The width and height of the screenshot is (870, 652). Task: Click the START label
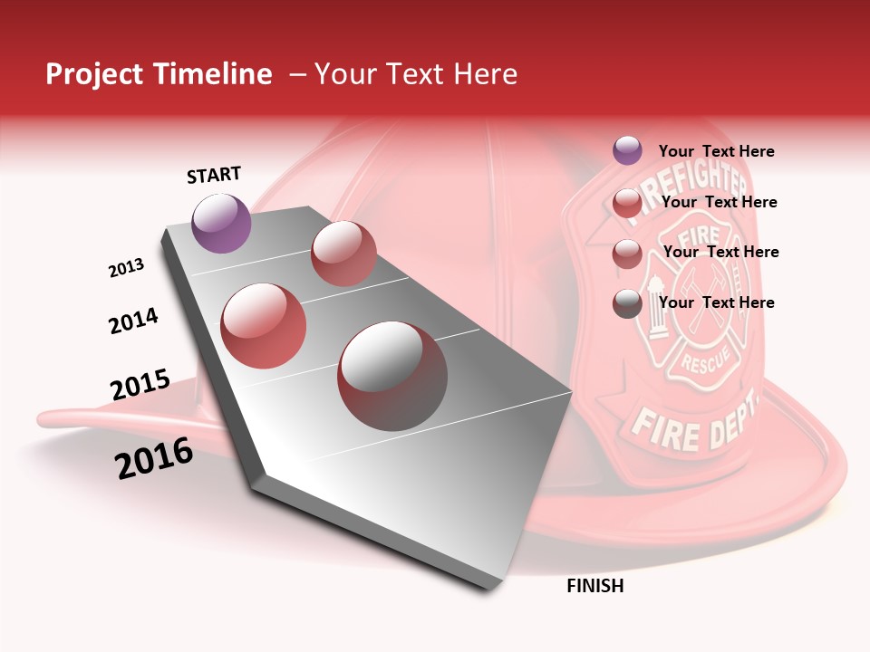[214, 175]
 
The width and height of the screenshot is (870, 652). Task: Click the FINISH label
[594, 586]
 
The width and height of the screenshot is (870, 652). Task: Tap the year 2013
[126, 268]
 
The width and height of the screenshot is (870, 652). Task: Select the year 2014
[133, 321]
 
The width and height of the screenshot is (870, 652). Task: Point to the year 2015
[140, 385]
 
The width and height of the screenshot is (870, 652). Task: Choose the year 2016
[154, 458]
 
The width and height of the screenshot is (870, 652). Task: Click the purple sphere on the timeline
[221, 223]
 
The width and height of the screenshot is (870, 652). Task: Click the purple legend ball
[627, 150]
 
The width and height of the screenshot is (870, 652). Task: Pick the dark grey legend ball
[627, 303]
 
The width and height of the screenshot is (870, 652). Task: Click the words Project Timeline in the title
[159, 74]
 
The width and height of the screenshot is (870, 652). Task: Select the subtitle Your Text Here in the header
[416, 74]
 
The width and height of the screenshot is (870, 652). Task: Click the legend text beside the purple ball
[716, 151]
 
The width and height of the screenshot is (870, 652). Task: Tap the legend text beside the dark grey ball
[716, 302]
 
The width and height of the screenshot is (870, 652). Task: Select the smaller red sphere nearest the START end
[343, 254]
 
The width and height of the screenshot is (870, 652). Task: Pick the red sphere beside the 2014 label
[264, 326]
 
